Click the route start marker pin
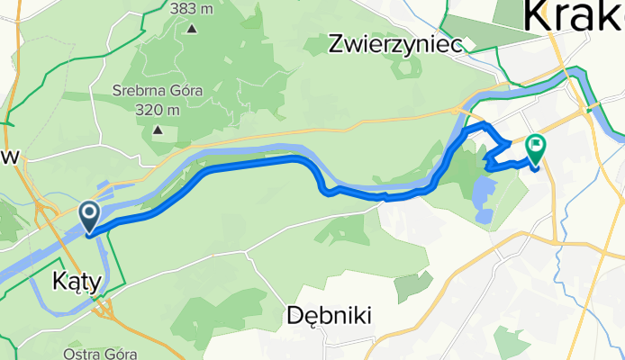91,216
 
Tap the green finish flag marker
537,146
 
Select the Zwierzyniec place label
395,42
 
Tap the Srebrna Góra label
158,90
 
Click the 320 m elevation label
159,110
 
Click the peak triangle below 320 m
159,130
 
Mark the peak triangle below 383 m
192,28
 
